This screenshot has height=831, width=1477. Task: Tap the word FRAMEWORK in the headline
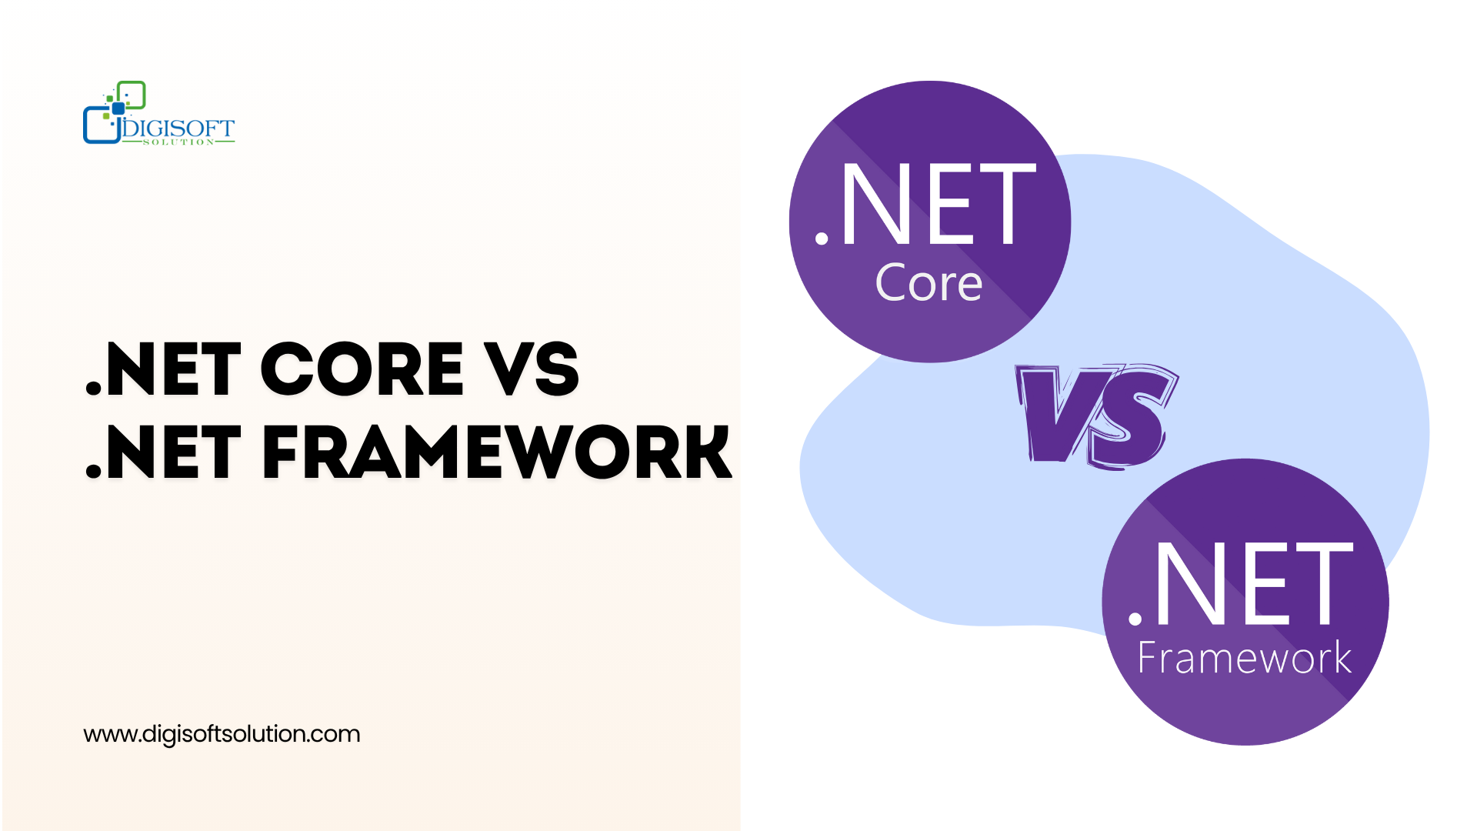pyautogui.click(x=497, y=452)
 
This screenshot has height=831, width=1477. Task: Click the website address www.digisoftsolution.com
pyautogui.click(x=222, y=734)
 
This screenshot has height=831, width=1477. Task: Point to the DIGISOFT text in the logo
pyautogui.click(x=178, y=128)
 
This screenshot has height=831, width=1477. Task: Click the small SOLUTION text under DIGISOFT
pyautogui.click(x=178, y=142)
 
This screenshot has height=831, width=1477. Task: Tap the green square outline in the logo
pyautogui.click(x=132, y=95)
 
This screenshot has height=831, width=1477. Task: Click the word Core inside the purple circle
pyautogui.click(x=929, y=282)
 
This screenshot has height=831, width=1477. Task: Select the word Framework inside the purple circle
pyautogui.click(x=1244, y=658)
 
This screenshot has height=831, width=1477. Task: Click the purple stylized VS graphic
pyautogui.click(x=1096, y=415)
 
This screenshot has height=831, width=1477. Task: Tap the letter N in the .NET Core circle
pyautogui.click(x=875, y=204)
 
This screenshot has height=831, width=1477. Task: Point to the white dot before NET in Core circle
pyautogui.click(x=822, y=239)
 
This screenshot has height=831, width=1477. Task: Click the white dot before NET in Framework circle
pyautogui.click(x=1135, y=618)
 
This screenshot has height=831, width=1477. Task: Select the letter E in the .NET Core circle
pyautogui.click(x=951, y=204)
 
